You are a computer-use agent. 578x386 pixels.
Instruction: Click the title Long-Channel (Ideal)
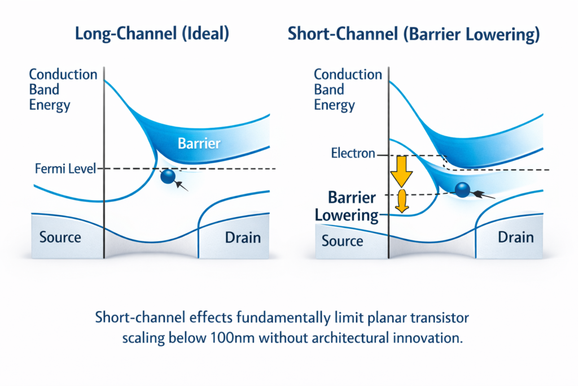152,34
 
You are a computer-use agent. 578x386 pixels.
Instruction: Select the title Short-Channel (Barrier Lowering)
414,34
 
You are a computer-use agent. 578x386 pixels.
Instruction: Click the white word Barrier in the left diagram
199,144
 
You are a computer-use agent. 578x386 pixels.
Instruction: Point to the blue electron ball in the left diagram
168,176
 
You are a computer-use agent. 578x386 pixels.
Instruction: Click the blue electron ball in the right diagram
462,190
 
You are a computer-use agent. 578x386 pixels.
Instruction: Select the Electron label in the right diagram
353,153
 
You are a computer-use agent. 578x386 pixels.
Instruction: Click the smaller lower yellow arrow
402,201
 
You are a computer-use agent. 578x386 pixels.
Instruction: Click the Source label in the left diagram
60,237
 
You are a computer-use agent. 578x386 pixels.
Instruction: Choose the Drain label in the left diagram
243,237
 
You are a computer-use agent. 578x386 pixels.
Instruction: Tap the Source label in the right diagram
342,241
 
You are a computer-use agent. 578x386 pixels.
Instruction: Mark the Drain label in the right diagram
515,237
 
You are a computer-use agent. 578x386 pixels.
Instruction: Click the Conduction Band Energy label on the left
63,89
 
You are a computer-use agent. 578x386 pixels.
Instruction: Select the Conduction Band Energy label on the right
348,89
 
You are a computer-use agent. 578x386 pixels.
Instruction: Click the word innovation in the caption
424,339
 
